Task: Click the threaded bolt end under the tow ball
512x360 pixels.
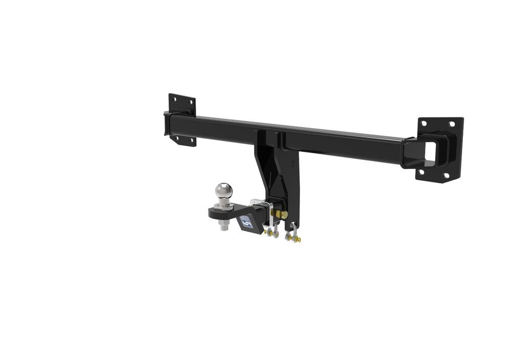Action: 224,226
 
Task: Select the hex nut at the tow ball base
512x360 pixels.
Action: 224,206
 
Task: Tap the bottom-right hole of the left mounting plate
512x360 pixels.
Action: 192,140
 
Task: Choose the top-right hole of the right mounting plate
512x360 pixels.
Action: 452,123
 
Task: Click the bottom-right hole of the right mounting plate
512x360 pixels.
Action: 446,176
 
